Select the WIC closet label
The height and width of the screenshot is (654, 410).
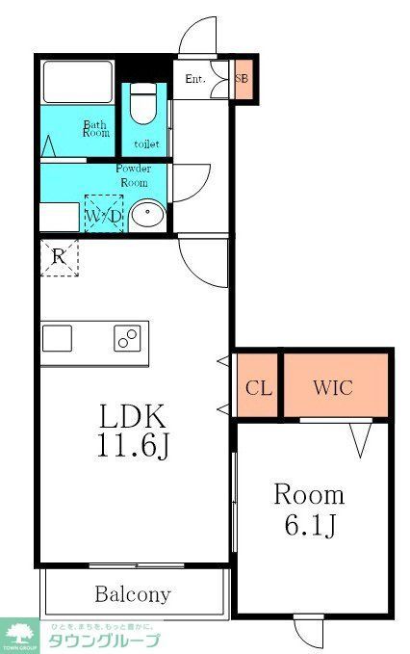333,388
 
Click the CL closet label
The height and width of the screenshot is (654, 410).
258,388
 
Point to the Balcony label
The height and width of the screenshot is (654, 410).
133,593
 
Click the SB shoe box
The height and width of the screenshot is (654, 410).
243,81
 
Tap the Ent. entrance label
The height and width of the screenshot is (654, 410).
196,79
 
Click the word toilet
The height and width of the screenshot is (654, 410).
146,144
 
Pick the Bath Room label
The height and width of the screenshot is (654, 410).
96,129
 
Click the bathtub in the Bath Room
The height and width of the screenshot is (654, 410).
77,81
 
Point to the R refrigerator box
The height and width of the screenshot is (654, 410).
59,257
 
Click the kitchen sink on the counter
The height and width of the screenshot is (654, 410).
57,339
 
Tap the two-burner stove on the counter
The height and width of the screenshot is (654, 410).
127,339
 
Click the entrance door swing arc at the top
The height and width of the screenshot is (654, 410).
199,37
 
